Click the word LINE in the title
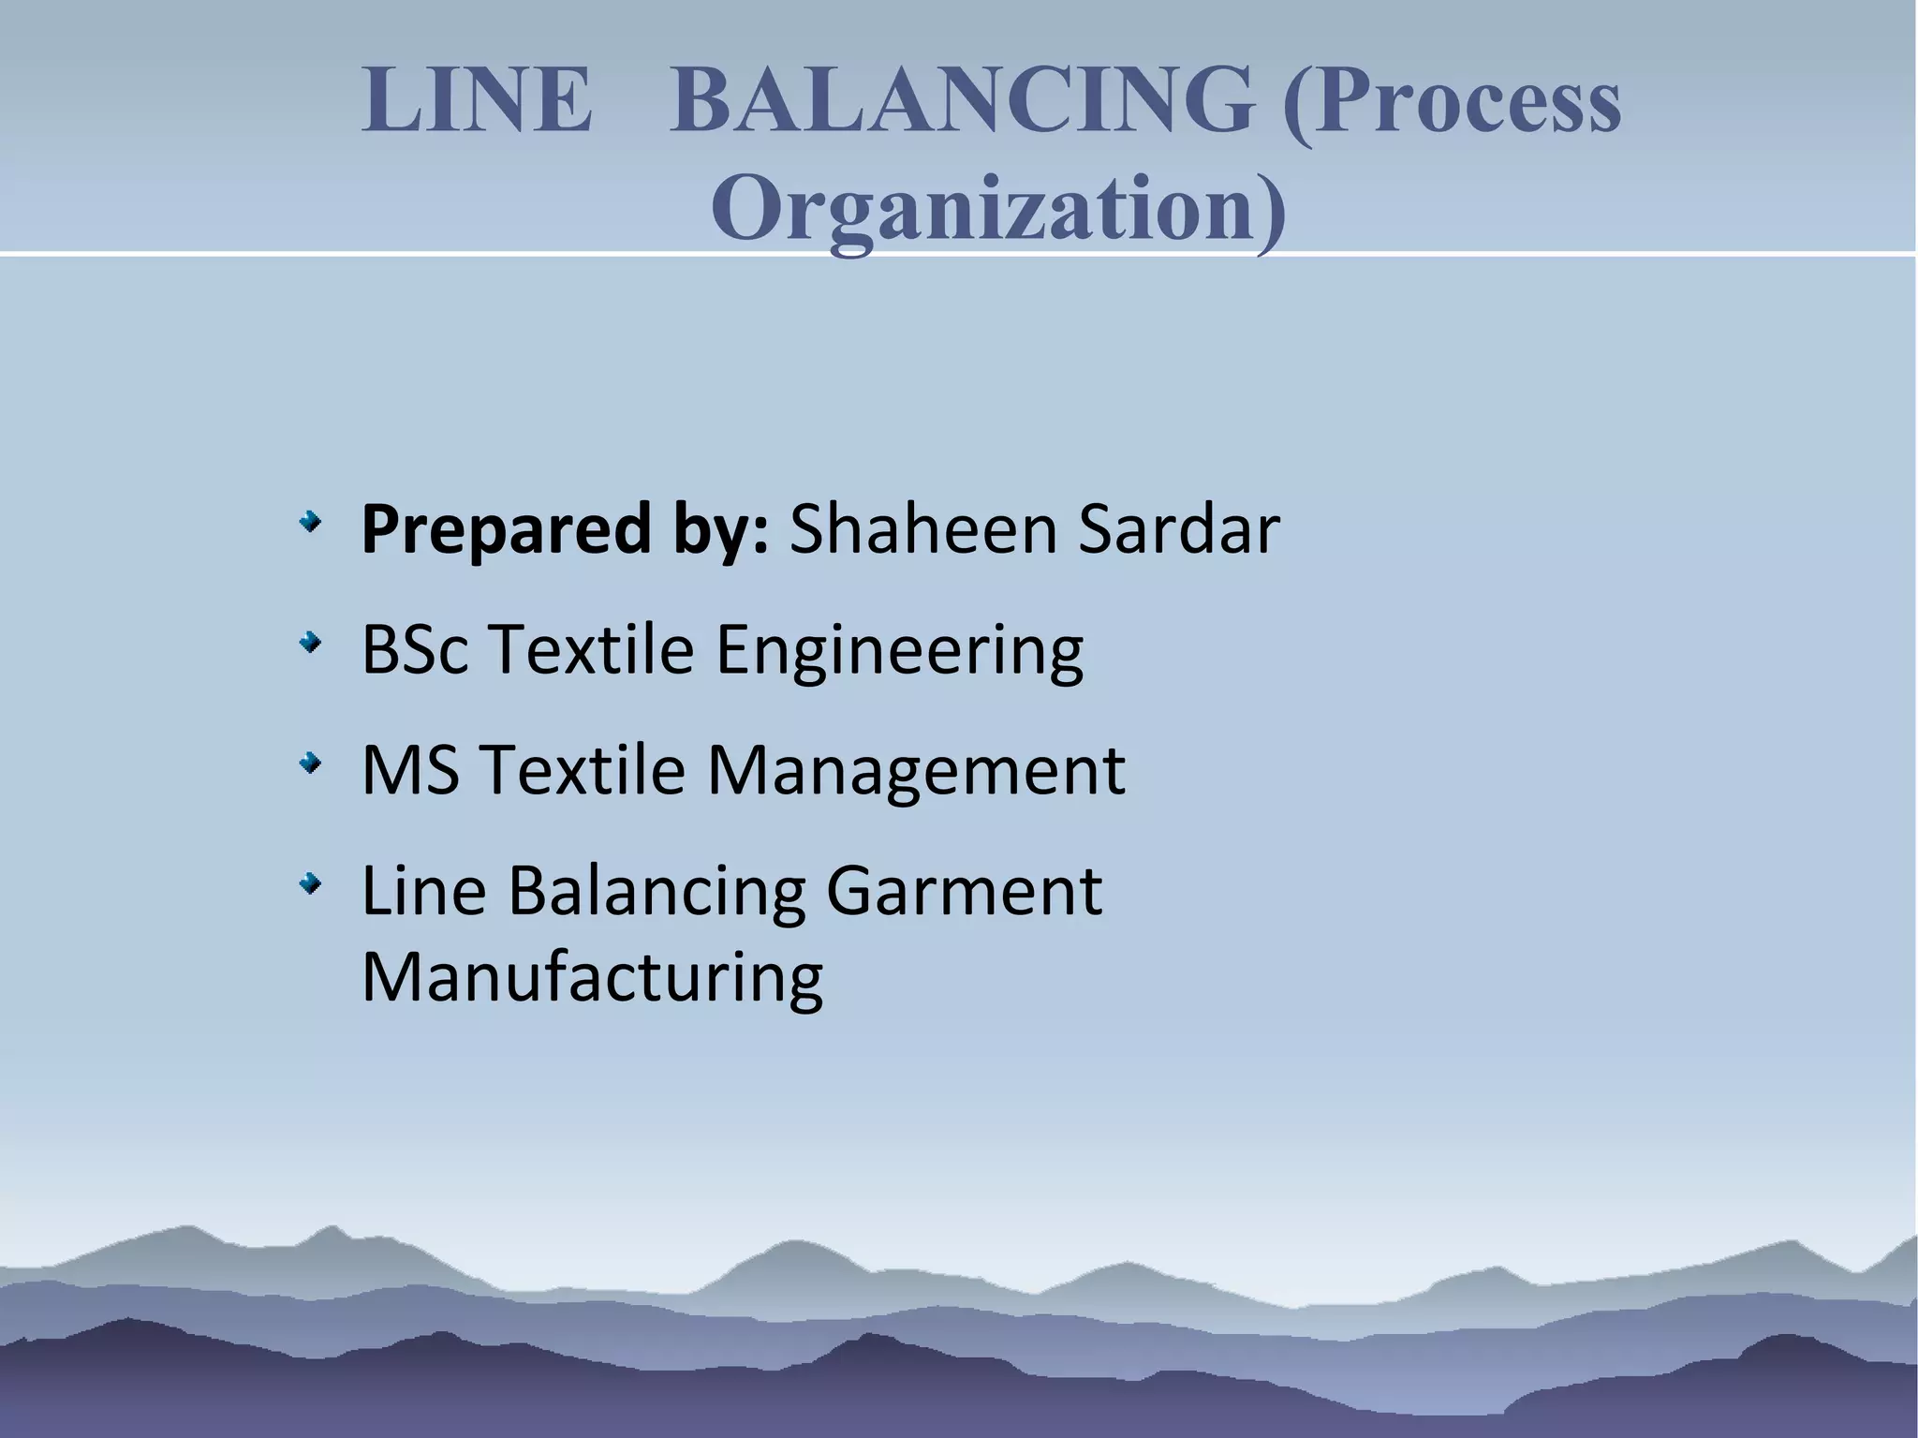tap(477, 101)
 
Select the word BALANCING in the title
tap(961, 101)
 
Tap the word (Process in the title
tap(1451, 101)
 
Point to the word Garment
tap(964, 891)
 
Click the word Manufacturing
tap(592, 977)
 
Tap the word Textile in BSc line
tap(591, 649)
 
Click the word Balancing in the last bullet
tap(657, 891)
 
